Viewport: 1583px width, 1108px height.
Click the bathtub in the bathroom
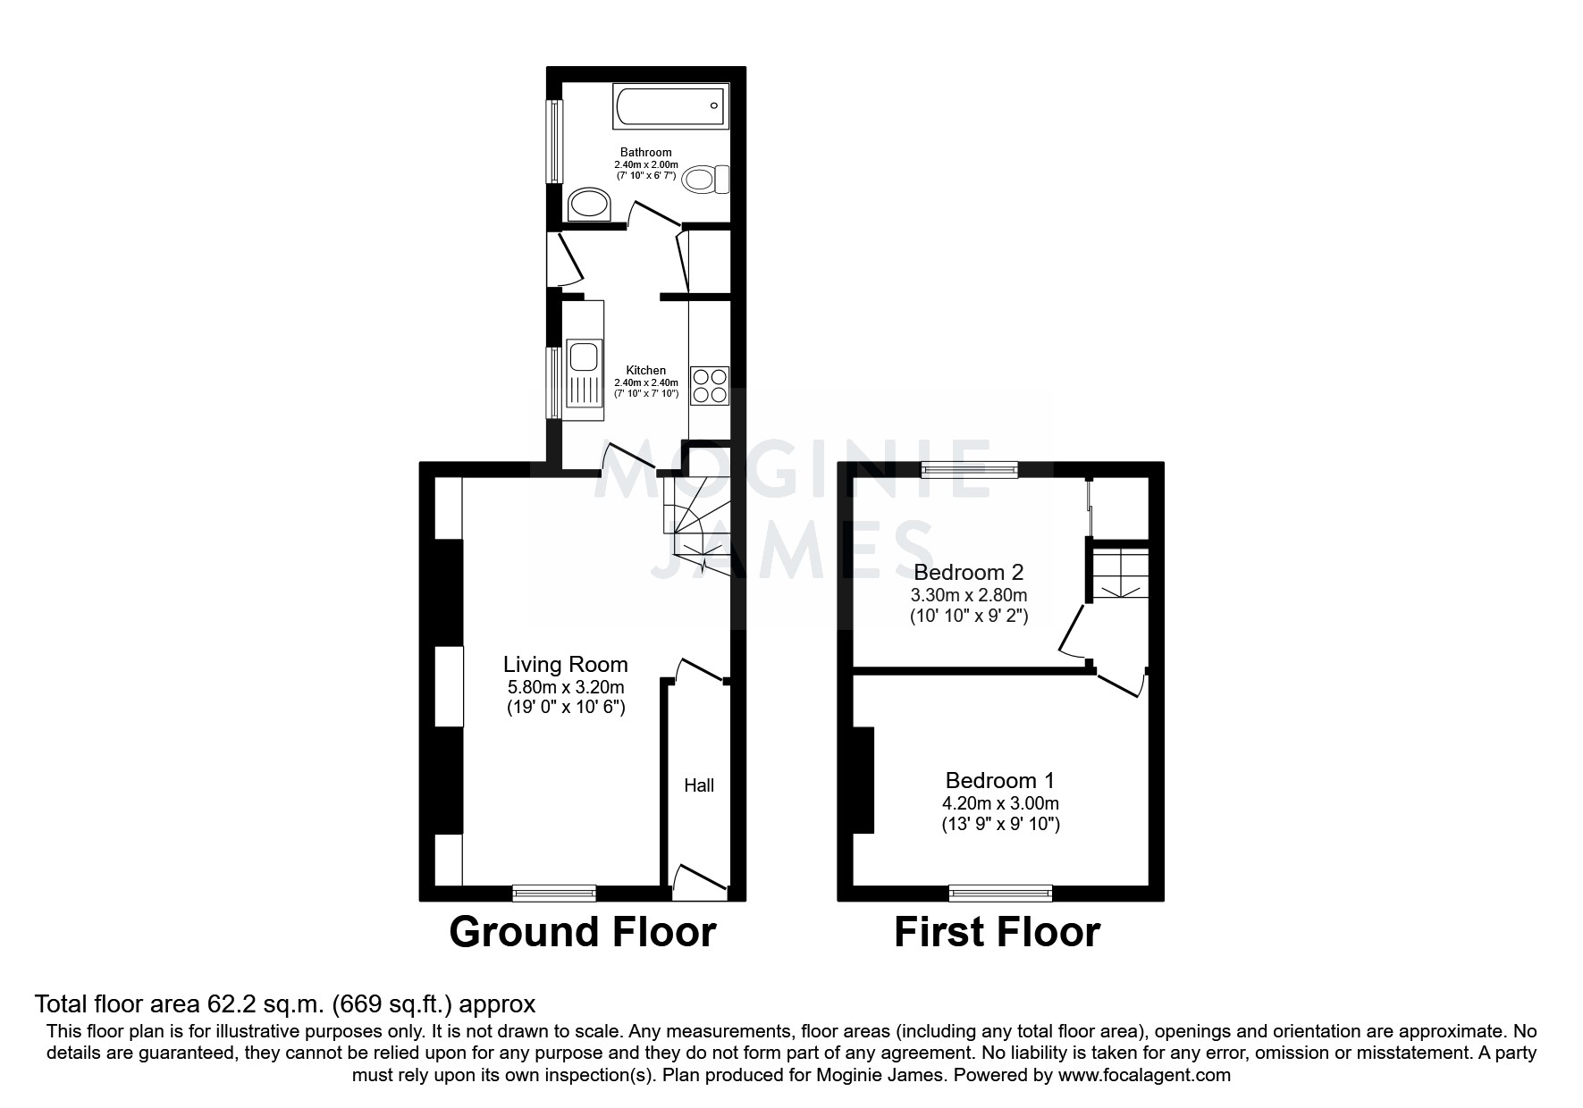(x=670, y=106)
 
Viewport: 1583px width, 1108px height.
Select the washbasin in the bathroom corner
(x=589, y=204)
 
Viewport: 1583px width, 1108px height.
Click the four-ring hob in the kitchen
(x=710, y=386)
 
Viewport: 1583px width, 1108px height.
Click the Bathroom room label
(x=645, y=152)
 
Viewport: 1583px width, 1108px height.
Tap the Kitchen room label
(x=645, y=370)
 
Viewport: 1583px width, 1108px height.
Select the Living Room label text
(x=565, y=664)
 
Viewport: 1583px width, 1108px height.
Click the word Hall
(x=699, y=785)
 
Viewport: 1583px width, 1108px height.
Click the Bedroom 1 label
(x=999, y=780)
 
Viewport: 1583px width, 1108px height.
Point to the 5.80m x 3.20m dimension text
(x=565, y=687)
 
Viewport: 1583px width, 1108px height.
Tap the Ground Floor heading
(x=582, y=932)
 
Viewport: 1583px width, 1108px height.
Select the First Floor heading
(x=997, y=932)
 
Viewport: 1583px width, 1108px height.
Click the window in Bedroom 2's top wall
(x=970, y=469)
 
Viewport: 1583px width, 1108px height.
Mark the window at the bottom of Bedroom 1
(x=1000, y=893)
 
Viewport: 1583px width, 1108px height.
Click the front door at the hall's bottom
(x=699, y=880)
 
